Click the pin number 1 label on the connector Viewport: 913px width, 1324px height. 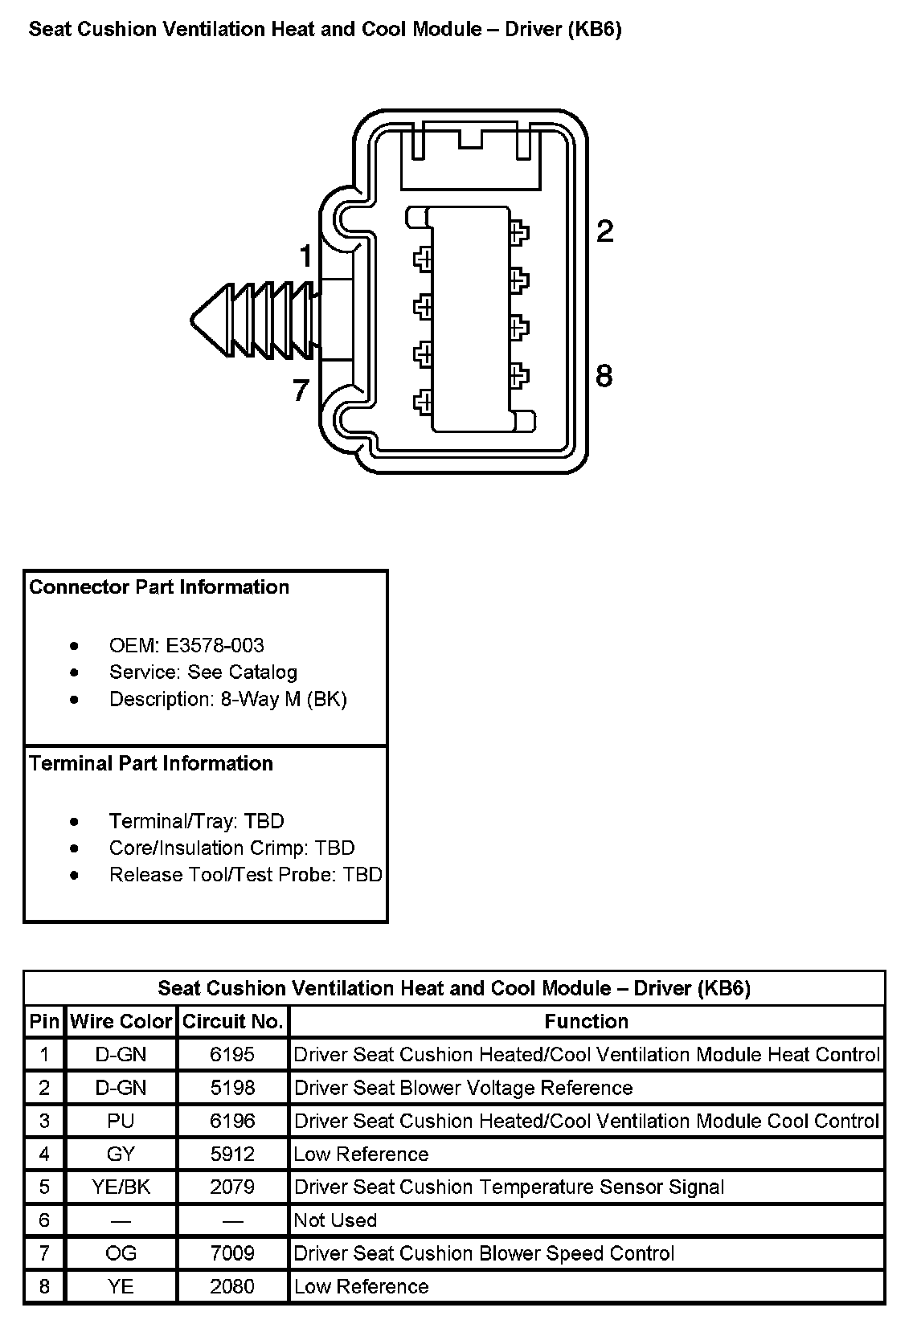tap(305, 256)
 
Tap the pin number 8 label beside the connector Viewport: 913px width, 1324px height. tap(604, 375)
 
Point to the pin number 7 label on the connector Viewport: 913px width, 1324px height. tap(301, 391)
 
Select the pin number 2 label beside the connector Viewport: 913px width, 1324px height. tap(604, 231)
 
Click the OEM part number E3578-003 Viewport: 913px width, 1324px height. tap(215, 645)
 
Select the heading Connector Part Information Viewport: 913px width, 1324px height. tap(159, 587)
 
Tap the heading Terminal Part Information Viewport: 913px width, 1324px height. tap(151, 763)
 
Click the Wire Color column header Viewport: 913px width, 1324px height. tap(121, 1021)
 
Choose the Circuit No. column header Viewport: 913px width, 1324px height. tap(233, 1021)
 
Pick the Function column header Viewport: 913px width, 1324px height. tap(587, 1021)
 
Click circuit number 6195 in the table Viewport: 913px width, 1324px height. tap(232, 1054)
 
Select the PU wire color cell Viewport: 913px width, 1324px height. tap(121, 1121)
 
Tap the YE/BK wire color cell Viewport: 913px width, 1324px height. tap(121, 1187)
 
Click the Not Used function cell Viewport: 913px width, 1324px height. tap(335, 1220)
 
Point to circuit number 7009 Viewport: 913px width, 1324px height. tap(232, 1253)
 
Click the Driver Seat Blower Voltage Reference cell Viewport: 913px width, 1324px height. tap(464, 1088)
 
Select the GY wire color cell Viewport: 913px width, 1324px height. tap(121, 1154)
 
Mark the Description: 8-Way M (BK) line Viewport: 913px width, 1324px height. tap(228, 699)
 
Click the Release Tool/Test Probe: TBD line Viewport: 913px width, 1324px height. tap(246, 874)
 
